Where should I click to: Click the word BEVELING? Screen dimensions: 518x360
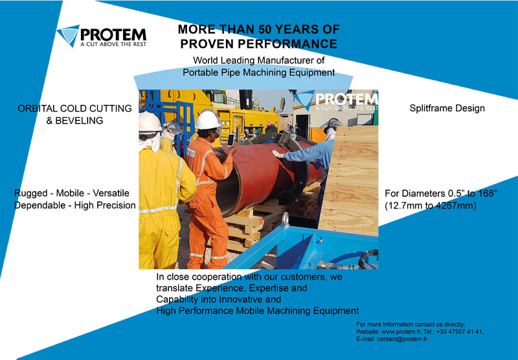coord(79,120)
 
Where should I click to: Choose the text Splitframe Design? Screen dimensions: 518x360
coord(447,108)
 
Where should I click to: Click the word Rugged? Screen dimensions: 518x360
coord(30,194)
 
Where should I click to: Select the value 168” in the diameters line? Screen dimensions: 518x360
coord(486,193)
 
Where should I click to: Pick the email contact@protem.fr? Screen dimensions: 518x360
coord(402,339)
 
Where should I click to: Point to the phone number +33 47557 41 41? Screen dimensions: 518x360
coord(460,332)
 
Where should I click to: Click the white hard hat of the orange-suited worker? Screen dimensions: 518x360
coord(208,119)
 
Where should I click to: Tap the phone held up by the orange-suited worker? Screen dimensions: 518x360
coord(231,140)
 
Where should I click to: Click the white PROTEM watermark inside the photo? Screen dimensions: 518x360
coord(336,100)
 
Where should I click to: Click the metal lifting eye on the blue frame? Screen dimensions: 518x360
coord(286,219)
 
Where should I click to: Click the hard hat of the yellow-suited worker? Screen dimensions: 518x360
coord(150,122)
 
